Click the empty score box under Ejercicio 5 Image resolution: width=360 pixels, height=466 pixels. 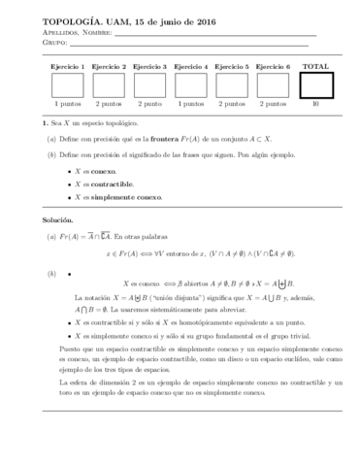pos(233,86)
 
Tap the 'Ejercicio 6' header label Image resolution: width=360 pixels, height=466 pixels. pos(275,67)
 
